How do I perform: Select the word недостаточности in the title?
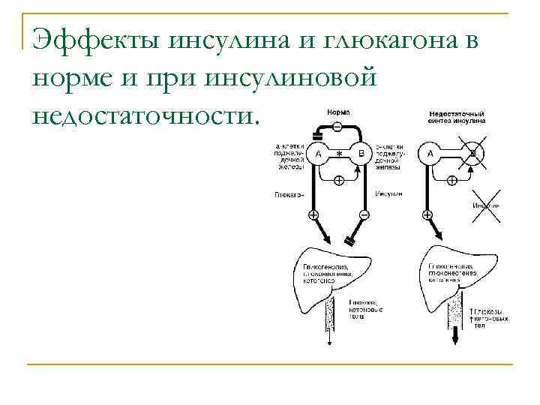coord(144,115)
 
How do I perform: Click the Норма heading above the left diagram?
coord(338,112)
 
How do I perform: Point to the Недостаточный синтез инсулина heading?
coord(456,115)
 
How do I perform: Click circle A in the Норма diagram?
coord(318,154)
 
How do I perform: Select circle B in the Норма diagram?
coord(361,154)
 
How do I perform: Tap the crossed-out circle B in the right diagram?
coord(474,155)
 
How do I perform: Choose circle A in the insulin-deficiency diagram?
coord(430,154)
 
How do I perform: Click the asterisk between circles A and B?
coord(339,154)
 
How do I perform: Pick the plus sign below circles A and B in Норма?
coord(339,181)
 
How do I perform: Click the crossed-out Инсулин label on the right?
coord(486,205)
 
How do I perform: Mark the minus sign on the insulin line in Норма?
coord(363,216)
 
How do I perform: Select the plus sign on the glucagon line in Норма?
coord(313,216)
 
